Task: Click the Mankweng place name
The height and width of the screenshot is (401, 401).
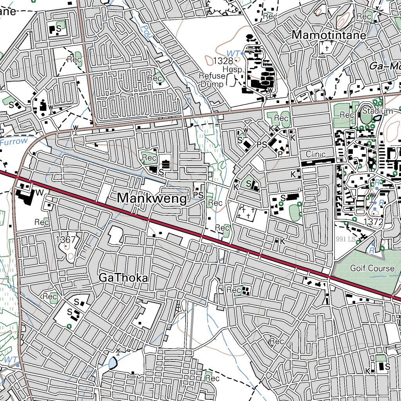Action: (152, 199)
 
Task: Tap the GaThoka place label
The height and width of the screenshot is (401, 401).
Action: (123, 278)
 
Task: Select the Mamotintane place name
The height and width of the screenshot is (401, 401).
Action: (329, 35)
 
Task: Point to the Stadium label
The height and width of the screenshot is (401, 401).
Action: (377, 111)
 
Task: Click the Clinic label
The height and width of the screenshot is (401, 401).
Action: (316, 154)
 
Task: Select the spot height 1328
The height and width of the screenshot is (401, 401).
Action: (223, 60)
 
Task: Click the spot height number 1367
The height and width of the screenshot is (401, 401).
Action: (65, 239)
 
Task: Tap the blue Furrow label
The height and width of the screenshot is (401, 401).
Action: (14, 141)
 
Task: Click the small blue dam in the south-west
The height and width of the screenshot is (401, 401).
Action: (113, 364)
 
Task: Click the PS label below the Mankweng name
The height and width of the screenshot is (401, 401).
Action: (198, 194)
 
